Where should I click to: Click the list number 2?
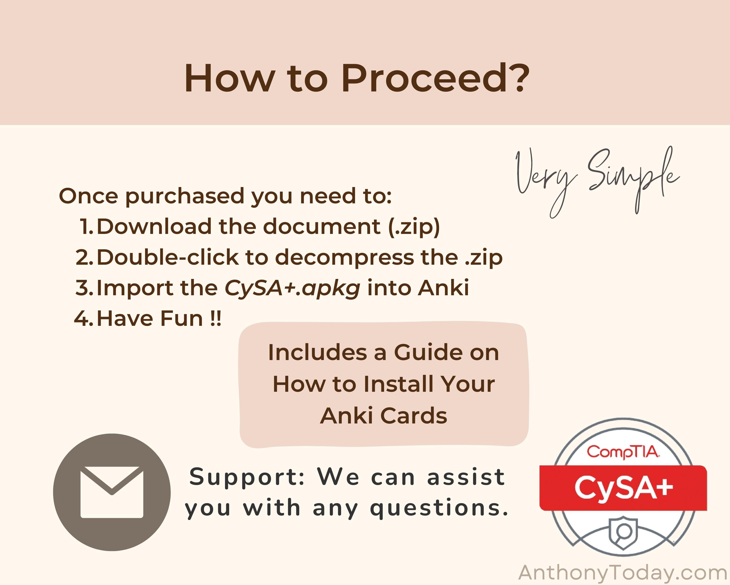pos(84,257)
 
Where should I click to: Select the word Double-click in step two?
pos(168,257)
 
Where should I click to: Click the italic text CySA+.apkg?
pos(292,288)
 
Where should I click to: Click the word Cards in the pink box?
pos(414,415)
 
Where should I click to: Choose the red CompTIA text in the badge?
pos(623,452)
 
